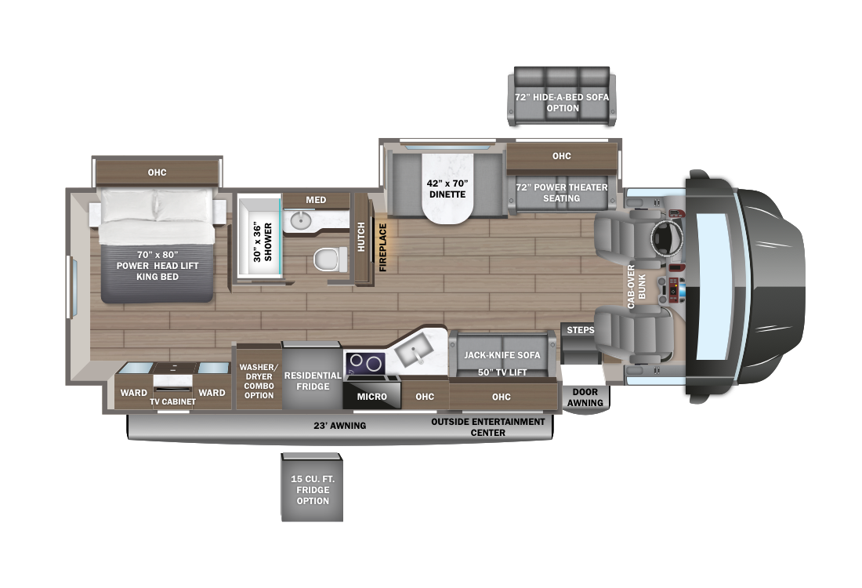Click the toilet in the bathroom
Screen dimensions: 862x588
(330, 259)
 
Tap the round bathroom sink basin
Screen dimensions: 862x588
(301, 220)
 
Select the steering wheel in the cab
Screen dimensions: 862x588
(667, 238)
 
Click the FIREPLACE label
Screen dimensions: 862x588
(383, 248)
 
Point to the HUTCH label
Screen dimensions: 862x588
(361, 237)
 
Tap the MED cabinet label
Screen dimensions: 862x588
(316, 200)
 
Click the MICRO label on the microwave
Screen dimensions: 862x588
(371, 397)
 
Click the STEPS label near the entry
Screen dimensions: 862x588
(581, 330)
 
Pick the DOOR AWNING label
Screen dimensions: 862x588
(585, 397)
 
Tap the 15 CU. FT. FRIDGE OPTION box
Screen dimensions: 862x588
(312, 488)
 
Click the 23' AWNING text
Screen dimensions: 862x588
(340, 425)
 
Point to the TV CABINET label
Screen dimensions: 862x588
(172, 401)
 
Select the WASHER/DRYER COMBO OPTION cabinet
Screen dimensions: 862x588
(259, 377)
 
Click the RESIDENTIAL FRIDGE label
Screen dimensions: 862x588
(313, 381)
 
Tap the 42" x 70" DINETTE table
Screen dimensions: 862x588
(447, 187)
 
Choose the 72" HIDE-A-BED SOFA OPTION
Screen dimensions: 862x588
(562, 96)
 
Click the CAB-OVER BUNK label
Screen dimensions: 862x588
(636, 287)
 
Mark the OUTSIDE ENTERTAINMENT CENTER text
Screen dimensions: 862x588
(487, 426)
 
